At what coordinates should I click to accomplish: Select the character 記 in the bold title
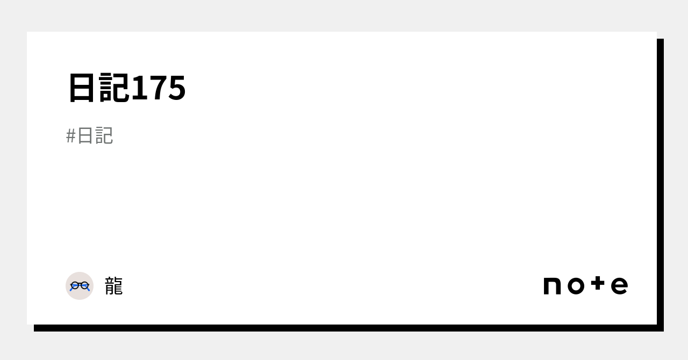click(114, 88)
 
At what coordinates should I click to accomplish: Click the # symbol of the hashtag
click(71, 136)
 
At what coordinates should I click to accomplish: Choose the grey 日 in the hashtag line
click(86, 136)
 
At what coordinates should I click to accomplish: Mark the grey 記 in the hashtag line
click(104, 136)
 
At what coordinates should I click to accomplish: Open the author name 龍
click(114, 286)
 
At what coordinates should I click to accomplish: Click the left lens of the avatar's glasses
click(75, 285)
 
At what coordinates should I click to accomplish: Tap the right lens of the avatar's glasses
click(84, 285)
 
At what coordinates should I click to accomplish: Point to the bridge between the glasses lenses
click(80, 284)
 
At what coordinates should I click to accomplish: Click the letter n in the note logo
click(552, 286)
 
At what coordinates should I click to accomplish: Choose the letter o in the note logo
click(576, 286)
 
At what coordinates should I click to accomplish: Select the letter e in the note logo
click(619, 286)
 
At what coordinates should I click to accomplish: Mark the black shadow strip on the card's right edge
click(660, 183)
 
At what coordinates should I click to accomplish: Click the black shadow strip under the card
click(344, 328)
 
